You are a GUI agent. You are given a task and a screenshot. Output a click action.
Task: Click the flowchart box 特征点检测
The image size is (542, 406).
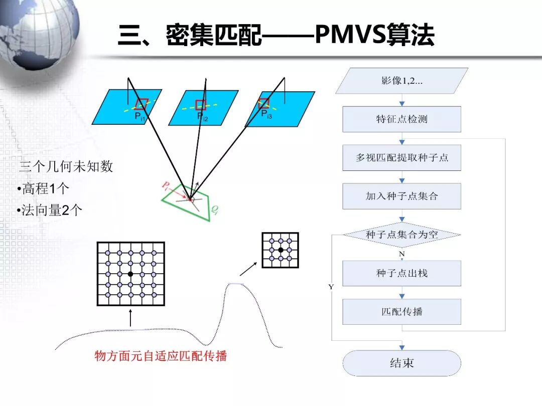tap(401, 119)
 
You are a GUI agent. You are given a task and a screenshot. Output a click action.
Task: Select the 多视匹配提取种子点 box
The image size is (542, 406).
tap(401, 157)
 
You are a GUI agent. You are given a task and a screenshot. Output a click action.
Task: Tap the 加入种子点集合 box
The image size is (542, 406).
tap(401, 196)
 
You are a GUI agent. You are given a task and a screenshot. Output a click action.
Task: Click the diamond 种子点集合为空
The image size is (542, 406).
tap(401, 235)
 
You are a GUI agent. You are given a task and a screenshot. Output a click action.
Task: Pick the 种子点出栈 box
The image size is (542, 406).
tap(401, 273)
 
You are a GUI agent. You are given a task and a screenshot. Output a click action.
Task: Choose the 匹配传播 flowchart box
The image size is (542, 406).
tap(401, 312)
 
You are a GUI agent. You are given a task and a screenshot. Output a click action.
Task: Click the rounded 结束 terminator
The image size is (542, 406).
tap(401, 363)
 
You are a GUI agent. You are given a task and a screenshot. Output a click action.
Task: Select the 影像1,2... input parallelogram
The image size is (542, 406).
tap(401, 81)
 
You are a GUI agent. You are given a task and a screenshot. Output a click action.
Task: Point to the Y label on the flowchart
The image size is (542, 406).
tap(331, 287)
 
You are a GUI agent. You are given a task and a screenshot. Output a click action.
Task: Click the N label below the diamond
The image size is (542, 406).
tap(401, 254)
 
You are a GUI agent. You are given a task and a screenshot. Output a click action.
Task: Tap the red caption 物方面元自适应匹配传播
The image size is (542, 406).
tap(161, 356)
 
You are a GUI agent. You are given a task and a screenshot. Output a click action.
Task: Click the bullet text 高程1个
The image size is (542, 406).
tap(44, 189)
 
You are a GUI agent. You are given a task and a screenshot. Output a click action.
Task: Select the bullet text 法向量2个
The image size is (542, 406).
tap(50, 211)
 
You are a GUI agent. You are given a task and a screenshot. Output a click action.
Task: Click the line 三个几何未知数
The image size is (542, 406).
tap(66, 167)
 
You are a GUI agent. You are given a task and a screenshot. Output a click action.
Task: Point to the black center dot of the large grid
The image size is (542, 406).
tap(130, 274)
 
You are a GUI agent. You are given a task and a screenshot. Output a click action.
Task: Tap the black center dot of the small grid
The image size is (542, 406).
tap(281, 250)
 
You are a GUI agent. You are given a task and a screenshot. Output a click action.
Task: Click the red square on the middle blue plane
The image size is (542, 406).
tap(201, 105)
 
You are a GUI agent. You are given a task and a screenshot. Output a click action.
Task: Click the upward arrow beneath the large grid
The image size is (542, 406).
tap(130, 318)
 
